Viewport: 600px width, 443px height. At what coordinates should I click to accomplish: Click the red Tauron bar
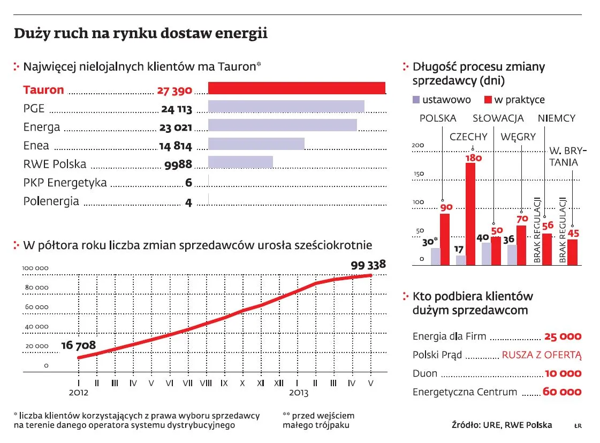pos(297,88)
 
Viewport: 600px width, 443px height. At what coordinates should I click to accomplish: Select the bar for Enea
pos(256,144)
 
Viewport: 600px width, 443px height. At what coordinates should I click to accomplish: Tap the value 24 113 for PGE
pos(176,109)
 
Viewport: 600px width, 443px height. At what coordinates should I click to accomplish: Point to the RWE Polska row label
pos(55,164)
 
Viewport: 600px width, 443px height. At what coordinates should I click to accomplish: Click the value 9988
pos(178,165)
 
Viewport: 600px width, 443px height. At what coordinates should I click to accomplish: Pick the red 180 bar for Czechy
pos(470,213)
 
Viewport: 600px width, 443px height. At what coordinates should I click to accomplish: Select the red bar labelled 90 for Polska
pos(445,239)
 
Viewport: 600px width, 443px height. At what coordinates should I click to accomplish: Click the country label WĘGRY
pos(518,137)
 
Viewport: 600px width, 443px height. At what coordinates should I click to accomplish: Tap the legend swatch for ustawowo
pos(416,100)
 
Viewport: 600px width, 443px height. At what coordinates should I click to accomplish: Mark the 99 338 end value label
pos(368,264)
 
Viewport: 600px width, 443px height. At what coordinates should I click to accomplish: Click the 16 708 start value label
pos(79,346)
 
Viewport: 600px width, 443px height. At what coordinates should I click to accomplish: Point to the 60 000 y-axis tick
pos(35,307)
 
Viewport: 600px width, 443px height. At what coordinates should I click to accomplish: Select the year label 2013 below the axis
pos(299,393)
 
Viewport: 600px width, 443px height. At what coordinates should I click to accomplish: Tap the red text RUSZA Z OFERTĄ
pos(541,355)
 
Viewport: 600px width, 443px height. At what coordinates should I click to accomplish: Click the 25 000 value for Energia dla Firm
pos(562,337)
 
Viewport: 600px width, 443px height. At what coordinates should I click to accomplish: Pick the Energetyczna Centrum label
pos(465,392)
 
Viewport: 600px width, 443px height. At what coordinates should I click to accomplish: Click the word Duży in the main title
pos(31,34)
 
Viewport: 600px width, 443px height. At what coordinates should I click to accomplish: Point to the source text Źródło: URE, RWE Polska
pos(502,425)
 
